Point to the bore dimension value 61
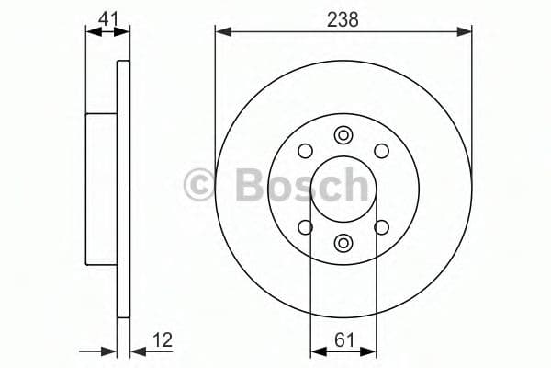[x=343, y=339]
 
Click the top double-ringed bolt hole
[x=343, y=135]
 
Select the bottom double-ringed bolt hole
[x=343, y=242]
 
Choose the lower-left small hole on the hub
[x=306, y=227]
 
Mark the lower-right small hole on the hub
[x=381, y=227]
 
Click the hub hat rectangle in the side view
[x=101, y=188]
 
